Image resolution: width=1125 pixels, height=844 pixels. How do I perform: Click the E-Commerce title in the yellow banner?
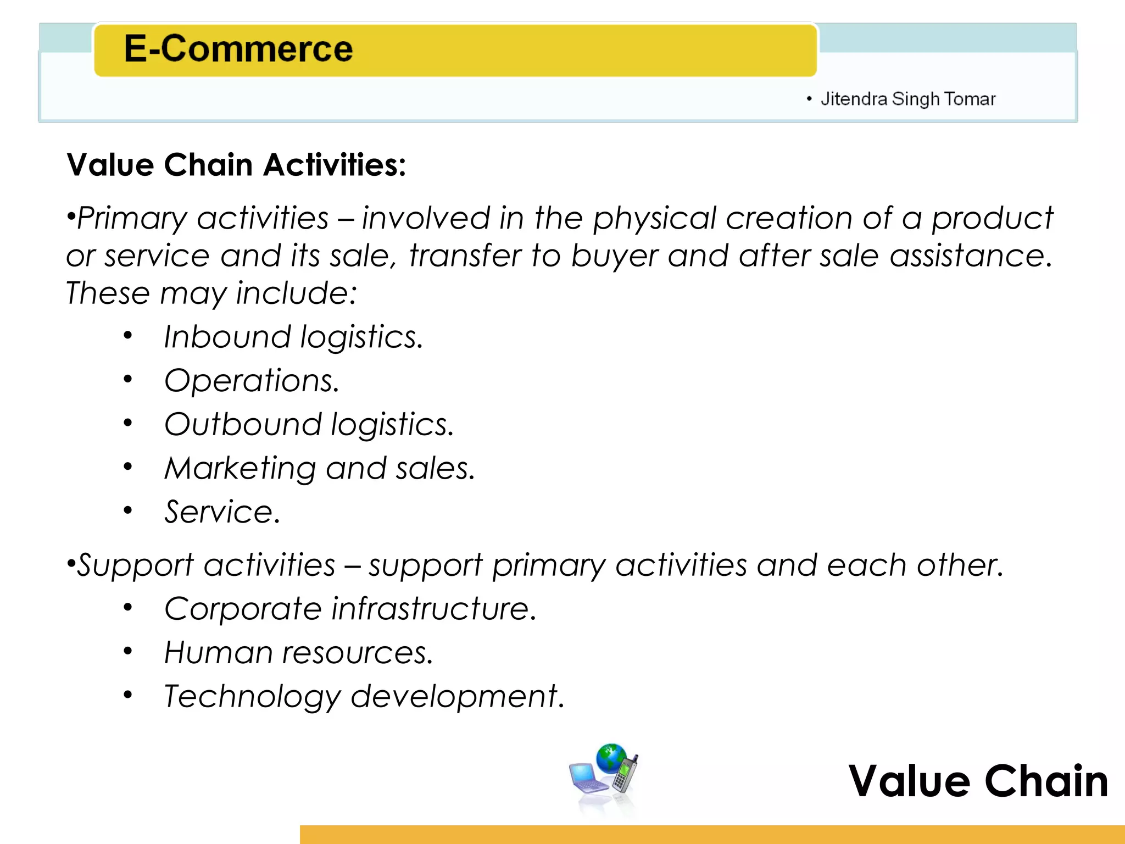click(x=238, y=49)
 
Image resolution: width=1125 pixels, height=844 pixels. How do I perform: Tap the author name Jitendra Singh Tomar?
click(x=907, y=99)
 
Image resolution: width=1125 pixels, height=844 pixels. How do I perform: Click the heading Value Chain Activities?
click(x=236, y=165)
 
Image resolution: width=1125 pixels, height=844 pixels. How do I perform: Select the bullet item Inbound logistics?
click(x=293, y=337)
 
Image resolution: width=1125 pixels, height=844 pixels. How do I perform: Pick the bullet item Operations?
click(x=252, y=381)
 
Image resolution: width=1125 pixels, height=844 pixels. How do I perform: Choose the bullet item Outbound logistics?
click(x=309, y=425)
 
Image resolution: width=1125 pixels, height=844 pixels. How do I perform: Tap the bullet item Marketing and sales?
click(x=319, y=469)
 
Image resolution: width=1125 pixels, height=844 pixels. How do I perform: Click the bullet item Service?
click(x=222, y=512)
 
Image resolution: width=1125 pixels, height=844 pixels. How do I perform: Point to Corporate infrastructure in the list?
click(x=350, y=609)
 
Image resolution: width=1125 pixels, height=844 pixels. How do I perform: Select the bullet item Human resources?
click(x=298, y=653)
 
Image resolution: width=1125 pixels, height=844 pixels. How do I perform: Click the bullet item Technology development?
click(x=364, y=697)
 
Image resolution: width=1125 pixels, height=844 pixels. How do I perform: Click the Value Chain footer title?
click(x=978, y=781)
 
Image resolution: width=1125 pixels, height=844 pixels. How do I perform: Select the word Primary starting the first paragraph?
click(x=132, y=219)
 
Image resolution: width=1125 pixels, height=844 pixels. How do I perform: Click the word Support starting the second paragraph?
click(x=135, y=565)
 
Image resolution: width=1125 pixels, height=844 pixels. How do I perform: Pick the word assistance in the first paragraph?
click(x=971, y=256)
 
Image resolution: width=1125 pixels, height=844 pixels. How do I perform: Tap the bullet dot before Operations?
click(x=128, y=379)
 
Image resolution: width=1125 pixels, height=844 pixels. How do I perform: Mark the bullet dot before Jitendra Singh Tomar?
click(x=809, y=99)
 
